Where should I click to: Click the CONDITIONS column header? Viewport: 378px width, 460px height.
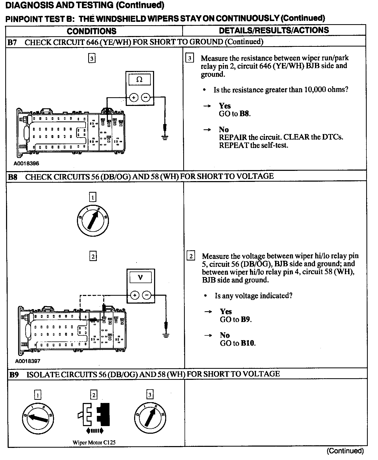91,31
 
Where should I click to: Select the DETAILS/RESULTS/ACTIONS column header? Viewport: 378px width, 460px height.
274,30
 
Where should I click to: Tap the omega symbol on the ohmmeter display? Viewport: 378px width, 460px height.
139,79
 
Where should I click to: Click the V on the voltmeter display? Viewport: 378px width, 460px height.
140,277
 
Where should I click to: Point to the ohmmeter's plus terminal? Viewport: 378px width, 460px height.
134,98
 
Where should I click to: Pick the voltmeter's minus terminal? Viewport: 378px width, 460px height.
146,295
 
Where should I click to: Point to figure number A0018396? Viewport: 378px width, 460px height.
26,163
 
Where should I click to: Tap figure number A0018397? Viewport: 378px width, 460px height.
28,361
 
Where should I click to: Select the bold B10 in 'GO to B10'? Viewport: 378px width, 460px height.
248,343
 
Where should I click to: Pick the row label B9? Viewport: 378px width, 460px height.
14,375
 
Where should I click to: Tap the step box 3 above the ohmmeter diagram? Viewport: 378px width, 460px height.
92,58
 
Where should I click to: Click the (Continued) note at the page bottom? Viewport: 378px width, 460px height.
345,451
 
